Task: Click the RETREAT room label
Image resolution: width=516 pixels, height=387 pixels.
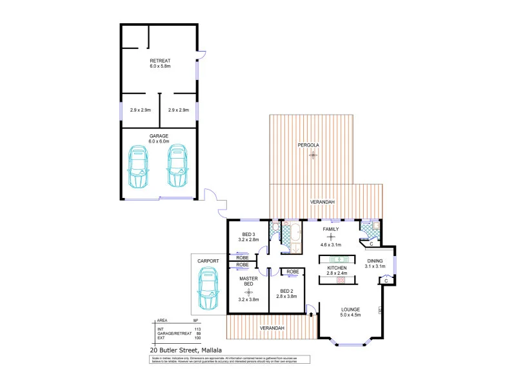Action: click(x=159, y=60)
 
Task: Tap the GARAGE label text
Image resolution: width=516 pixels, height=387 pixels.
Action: click(x=159, y=135)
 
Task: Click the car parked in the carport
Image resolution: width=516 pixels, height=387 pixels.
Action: click(x=208, y=288)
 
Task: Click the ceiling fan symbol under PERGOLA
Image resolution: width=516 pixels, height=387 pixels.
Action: click(x=313, y=155)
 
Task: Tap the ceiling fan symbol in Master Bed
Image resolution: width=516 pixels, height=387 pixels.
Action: click(x=248, y=292)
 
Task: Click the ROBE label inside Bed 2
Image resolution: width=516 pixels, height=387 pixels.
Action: click(x=292, y=272)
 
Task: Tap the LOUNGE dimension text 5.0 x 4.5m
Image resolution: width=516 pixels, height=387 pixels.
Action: click(x=350, y=315)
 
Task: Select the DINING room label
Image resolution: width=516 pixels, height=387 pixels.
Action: click(x=375, y=260)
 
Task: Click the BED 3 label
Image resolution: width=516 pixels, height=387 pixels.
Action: click(x=249, y=233)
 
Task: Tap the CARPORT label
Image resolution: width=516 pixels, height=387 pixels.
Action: click(x=208, y=261)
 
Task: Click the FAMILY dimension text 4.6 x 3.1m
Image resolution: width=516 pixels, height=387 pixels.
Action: click(x=331, y=245)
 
